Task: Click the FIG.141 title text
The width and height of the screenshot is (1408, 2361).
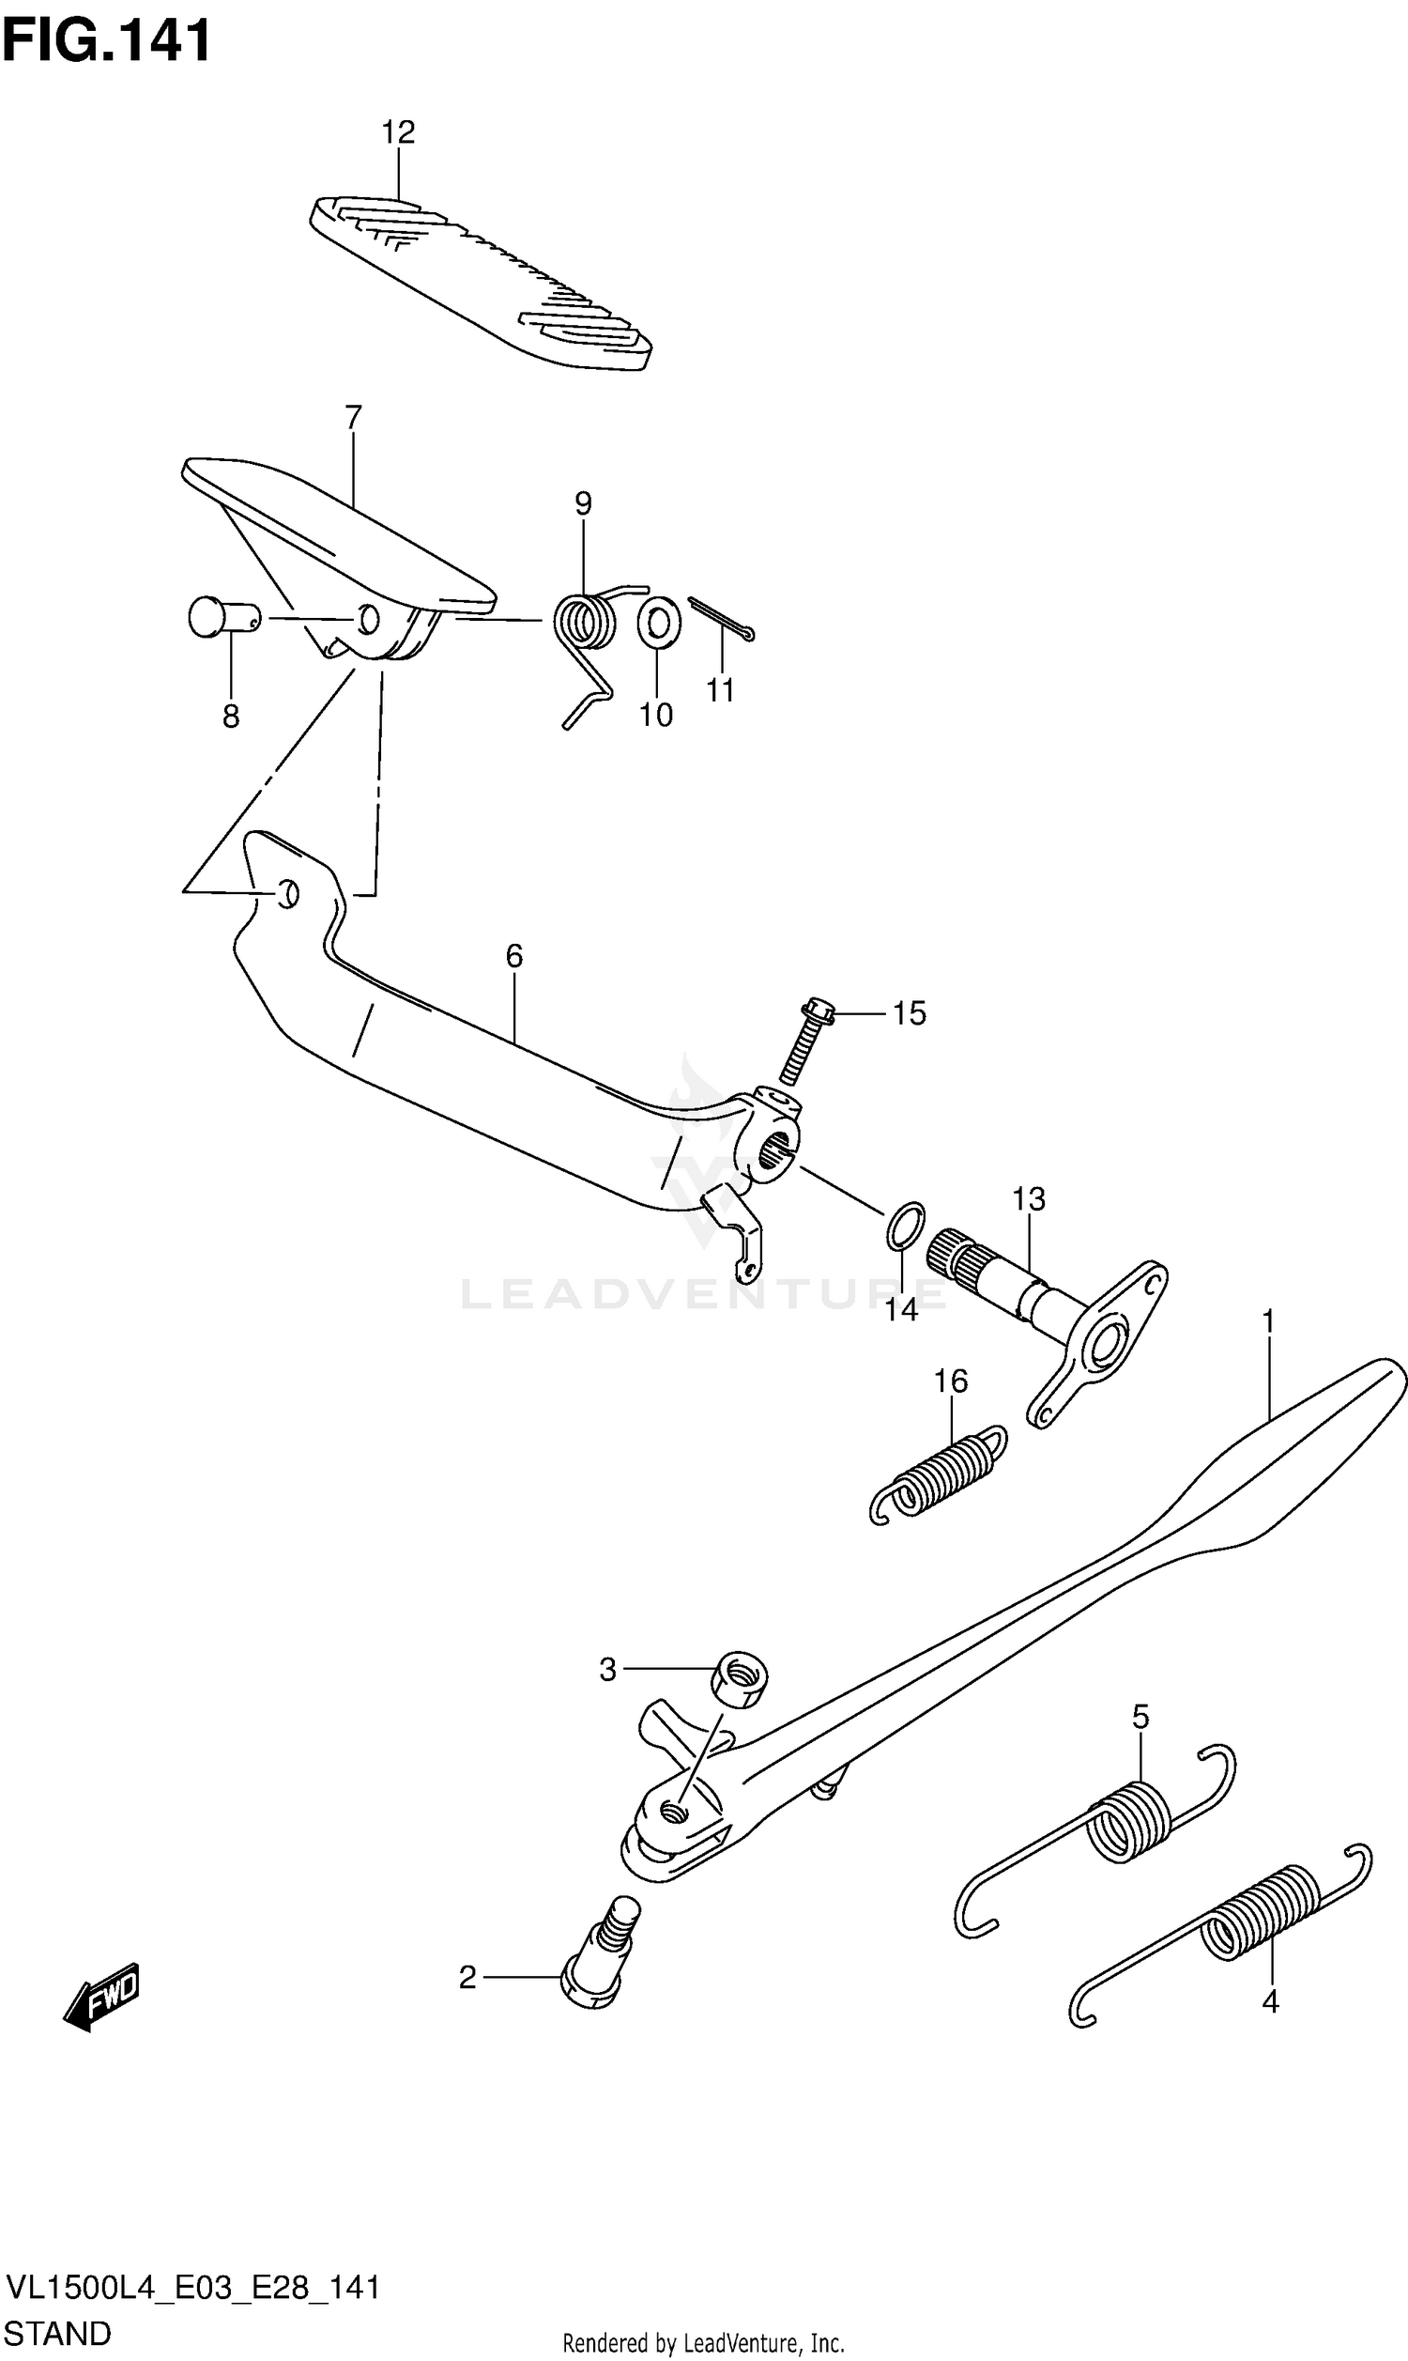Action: (x=106, y=41)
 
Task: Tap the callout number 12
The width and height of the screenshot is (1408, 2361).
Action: (x=399, y=131)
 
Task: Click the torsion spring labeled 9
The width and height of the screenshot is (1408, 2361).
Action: (x=585, y=624)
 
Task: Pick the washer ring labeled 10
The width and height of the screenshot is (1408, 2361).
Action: (x=658, y=623)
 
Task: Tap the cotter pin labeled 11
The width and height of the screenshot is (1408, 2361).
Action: (x=722, y=620)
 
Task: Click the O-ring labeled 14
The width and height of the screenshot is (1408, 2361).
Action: (x=905, y=1227)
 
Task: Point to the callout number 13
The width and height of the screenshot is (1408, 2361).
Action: (x=1029, y=1199)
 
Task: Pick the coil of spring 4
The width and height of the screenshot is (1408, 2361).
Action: (x=1263, y=1911)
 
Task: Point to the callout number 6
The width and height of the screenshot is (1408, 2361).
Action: (x=514, y=956)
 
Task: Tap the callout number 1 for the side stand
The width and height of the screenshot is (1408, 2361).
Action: (x=1267, y=1321)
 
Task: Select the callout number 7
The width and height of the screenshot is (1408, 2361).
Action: (x=353, y=418)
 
